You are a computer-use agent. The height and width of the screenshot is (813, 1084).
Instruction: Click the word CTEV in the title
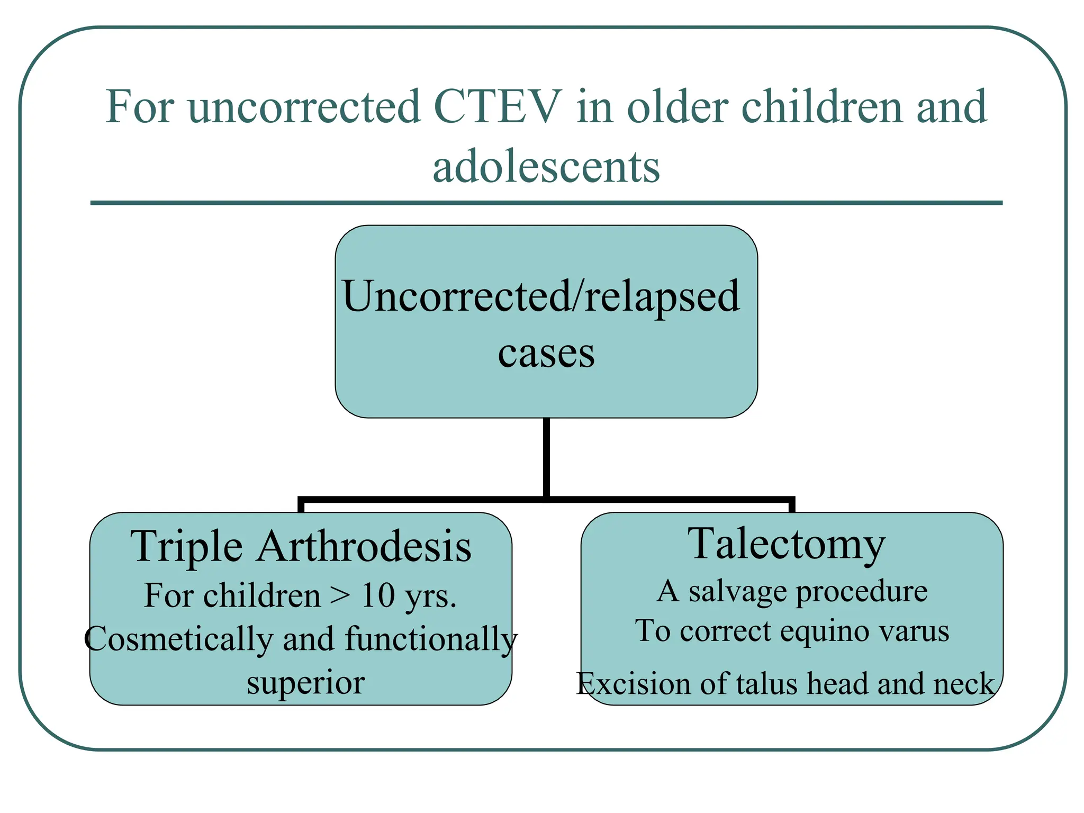(498, 107)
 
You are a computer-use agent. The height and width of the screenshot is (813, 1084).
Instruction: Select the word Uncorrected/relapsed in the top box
(540, 296)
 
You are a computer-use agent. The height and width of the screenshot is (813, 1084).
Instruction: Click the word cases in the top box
(546, 354)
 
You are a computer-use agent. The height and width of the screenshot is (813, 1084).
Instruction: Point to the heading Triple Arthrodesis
(301, 547)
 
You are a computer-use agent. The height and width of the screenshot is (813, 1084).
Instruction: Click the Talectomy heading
(787, 545)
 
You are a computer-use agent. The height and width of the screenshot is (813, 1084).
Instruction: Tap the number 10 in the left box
(378, 596)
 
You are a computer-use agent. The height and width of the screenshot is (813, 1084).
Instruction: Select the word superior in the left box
(306, 683)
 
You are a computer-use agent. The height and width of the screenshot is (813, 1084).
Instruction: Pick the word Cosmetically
(178, 639)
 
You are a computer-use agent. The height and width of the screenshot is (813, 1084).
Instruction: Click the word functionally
(431, 639)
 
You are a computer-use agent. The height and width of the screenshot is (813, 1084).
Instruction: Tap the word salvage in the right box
(738, 592)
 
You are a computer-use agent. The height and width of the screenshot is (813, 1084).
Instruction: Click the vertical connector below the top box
(546, 458)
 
